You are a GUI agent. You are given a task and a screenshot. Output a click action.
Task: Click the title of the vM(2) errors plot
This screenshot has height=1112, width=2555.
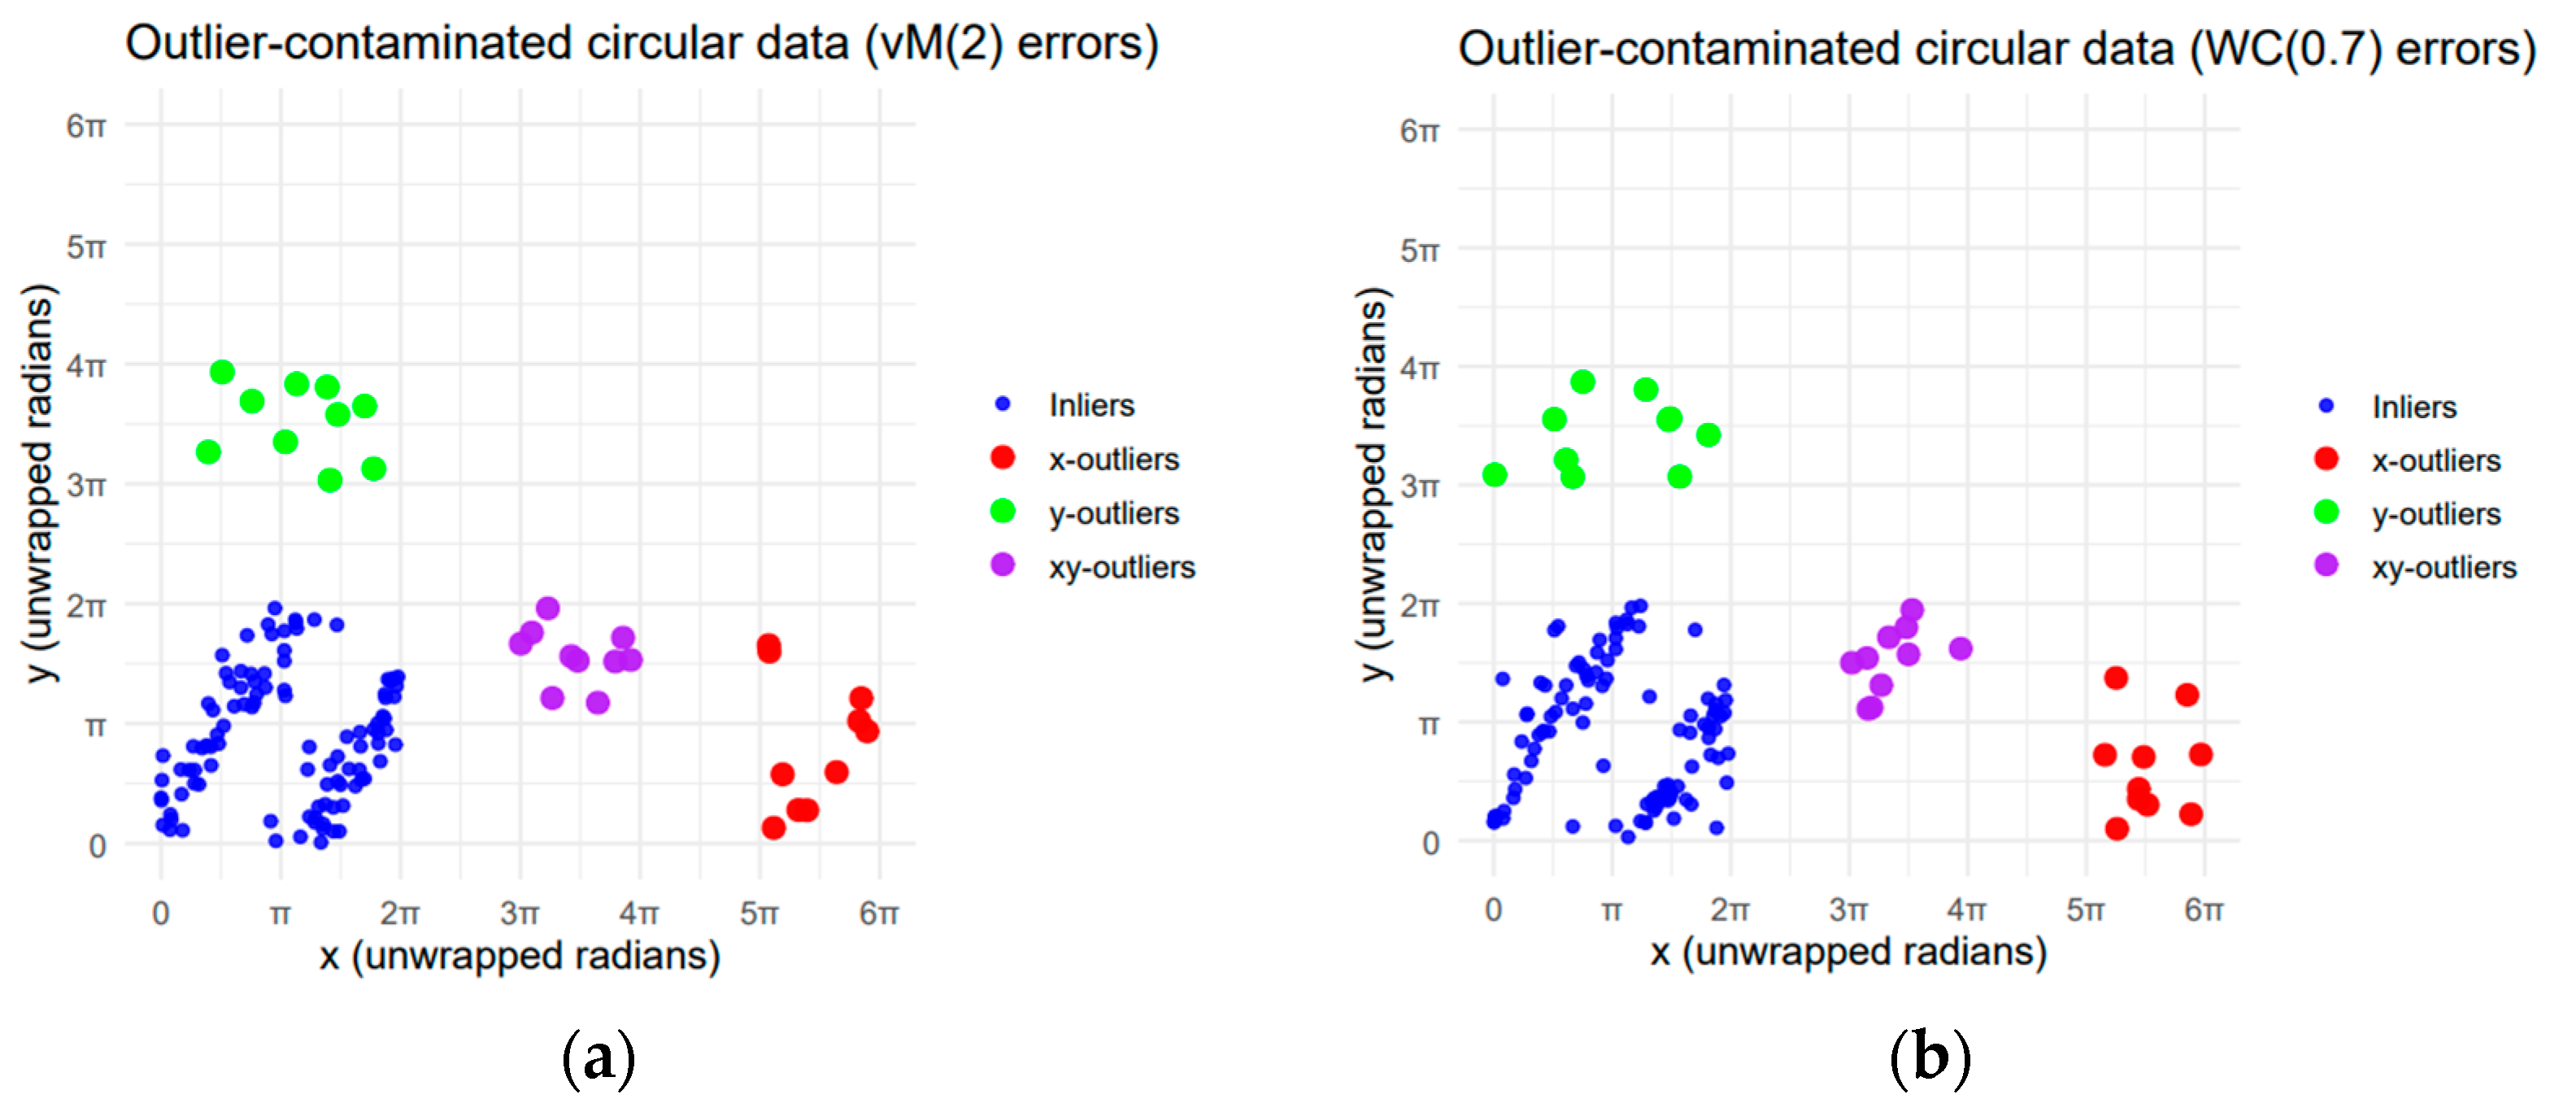point(642,44)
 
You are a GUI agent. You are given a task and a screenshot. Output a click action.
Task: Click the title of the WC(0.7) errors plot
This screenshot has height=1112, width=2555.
point(1996,49)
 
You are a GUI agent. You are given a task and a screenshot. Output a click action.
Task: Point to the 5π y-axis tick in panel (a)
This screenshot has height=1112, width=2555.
point(86,247)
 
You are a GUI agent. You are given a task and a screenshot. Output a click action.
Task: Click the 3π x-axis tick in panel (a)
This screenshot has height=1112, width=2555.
point(520,913)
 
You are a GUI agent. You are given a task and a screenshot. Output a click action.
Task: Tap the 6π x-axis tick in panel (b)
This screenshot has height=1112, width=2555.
point(2204,909)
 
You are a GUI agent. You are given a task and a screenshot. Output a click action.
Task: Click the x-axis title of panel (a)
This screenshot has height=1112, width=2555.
point(520,957)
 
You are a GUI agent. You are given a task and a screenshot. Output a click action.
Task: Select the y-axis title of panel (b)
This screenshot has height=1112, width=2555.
point(1373,485)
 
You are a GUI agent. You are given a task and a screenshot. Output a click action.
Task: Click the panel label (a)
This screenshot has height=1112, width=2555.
point(598,1058)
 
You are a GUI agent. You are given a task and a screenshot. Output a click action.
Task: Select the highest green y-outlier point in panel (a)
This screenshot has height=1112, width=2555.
point(222,372)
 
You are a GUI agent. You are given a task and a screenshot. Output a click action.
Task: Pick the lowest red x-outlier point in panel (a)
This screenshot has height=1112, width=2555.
point(773,827)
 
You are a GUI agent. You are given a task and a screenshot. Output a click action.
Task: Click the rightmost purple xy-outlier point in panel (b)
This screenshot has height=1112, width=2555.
point(1960,649)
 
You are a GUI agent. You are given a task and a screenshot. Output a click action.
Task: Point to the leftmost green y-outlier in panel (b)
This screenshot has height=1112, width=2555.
point(1495,474)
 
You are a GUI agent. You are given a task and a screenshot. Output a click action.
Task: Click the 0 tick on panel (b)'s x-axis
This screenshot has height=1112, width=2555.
point(1494,909)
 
